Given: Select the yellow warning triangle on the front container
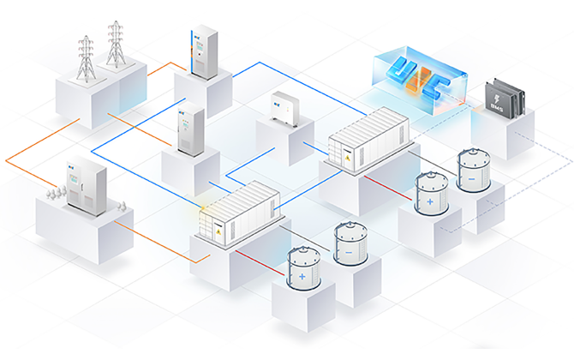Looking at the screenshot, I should tap(217, 231).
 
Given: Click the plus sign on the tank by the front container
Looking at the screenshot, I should tap(302, 279).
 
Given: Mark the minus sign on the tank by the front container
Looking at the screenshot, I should tap(350, 254).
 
